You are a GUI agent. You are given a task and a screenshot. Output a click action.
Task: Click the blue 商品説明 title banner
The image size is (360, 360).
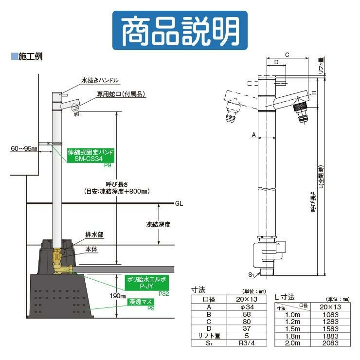(x=180, y=30)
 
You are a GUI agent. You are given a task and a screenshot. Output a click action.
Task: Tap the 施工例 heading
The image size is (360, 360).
(x=30, y=56)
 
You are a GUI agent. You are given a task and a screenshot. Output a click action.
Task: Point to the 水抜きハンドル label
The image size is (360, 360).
(x=100, y=80)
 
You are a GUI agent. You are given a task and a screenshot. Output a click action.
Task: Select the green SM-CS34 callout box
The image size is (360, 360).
(x=91, y=155)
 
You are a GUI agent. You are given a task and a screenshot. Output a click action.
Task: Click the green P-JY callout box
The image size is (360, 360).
(x=147, y=283)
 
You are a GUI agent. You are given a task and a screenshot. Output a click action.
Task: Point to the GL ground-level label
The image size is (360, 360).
(x=179, y=203)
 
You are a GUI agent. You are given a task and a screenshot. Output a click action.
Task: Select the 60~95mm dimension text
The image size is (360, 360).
(x=24, y=148)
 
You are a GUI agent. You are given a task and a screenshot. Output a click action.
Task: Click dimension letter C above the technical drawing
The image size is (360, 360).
(x=287, y=55)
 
